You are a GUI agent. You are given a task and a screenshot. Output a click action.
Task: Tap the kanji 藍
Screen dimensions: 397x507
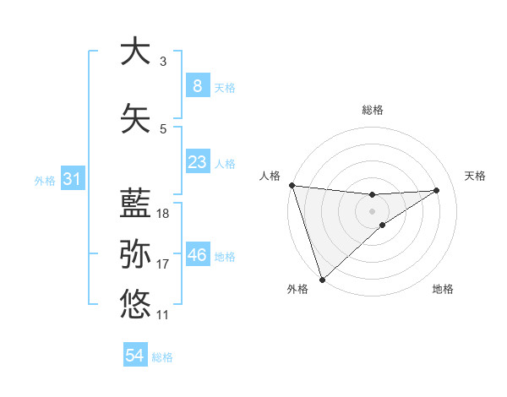[135, 203]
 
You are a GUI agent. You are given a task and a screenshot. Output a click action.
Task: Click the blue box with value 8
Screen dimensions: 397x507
[197, 85]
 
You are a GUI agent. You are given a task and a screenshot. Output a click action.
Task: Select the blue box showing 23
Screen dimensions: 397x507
[197, 162]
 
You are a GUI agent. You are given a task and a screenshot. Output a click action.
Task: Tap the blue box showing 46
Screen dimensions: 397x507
[197, 255]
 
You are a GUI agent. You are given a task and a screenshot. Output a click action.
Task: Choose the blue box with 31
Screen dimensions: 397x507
[72, 179]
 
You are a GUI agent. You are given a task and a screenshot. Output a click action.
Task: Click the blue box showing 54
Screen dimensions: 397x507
[134, 356]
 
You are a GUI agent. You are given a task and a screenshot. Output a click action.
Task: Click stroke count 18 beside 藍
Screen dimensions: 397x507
[163, 214]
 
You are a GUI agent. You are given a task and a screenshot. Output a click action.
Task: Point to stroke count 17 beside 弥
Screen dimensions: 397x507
[163, 264]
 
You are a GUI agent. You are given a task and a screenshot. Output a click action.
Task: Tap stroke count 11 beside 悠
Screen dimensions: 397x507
[163, 315]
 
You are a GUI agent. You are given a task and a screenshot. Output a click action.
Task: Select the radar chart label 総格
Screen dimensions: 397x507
[372, 110]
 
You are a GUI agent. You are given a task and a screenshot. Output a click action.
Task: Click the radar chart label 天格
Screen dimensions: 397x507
[476, 176]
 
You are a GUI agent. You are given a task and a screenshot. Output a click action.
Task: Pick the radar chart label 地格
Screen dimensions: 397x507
[443, 289]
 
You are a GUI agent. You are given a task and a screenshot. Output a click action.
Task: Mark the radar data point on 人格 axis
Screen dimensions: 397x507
[292, 185]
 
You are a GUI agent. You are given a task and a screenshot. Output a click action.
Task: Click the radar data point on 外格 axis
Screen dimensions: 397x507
[322, 278]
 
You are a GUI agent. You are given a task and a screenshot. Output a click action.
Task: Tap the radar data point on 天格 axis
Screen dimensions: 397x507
[437, 190]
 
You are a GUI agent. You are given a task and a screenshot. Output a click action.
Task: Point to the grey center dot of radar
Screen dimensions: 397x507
[372, 210]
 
